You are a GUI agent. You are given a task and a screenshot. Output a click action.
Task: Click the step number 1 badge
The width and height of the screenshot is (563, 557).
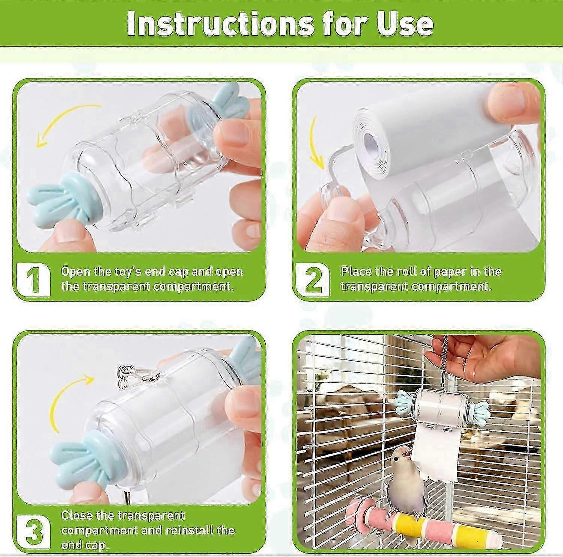[33, 279]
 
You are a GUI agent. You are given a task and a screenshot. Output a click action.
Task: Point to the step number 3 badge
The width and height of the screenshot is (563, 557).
[33, 533]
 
